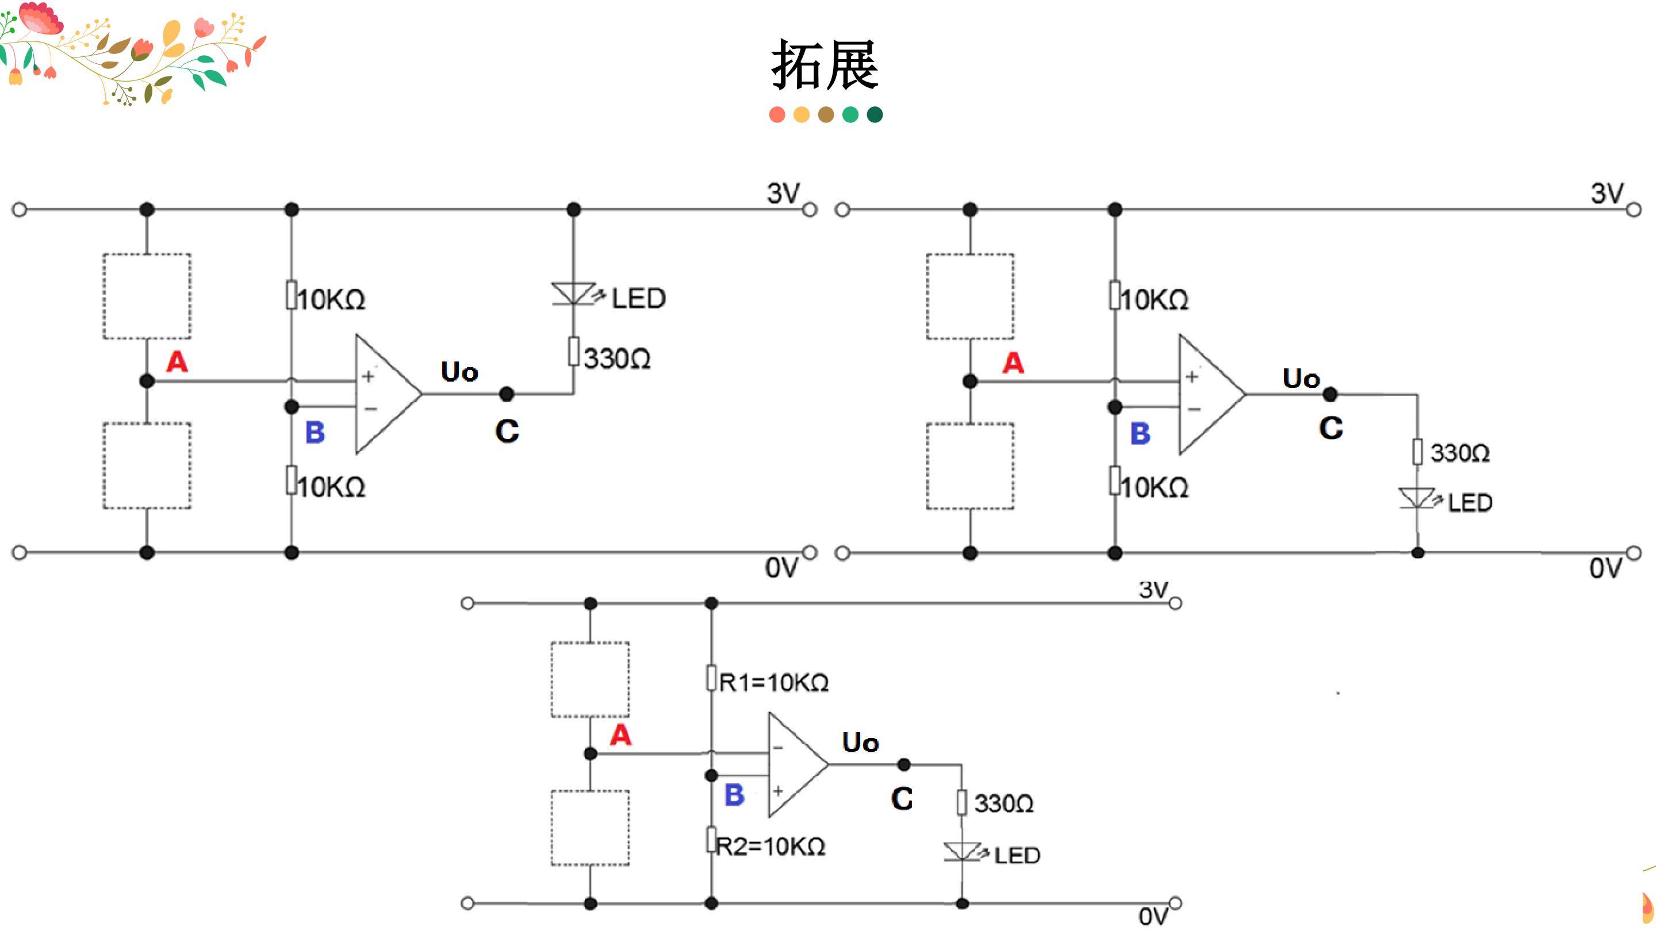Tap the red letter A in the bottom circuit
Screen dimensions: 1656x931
pos(620,734)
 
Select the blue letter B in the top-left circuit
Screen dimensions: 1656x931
pos(315,432)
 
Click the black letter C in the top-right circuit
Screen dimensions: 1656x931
pos(1331,428)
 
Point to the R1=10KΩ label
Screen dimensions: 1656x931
pos(774,682)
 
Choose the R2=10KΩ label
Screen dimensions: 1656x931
pos(770,846)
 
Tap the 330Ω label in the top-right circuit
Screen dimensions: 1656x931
pos(1460,453)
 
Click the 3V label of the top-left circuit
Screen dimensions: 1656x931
pos(783,193)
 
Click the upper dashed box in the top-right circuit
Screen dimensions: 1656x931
pos(970,296)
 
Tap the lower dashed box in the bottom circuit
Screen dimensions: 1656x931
pos(590,828)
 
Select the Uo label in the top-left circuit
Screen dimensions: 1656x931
pos(459,372)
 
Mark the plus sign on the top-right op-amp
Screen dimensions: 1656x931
pos(1192,376)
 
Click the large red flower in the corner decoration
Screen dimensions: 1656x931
pos(40,18)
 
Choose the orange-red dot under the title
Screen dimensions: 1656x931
pos(777,115)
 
